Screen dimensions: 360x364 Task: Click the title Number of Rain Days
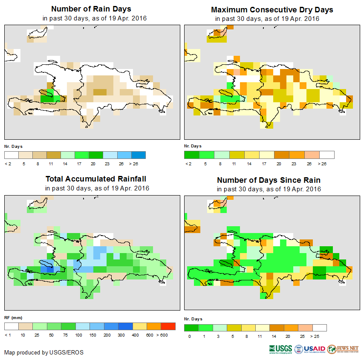click(x=91, y=9)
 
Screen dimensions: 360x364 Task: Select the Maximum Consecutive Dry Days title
click(x=272, y=9)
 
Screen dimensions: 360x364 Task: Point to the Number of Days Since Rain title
click(x=269, y=180)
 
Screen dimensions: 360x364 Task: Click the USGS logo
click(x=280, y=349)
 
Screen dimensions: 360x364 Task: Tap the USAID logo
click(x=310, y=349)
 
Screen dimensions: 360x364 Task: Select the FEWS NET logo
click(x=343, y=349)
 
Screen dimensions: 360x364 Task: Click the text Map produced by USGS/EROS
click(x=44, y=352)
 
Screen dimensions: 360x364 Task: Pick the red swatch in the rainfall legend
click(x=168, y=326)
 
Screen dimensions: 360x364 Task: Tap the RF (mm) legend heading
click(x=13, y=318)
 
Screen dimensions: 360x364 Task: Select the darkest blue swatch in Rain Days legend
click(x=139, y=155)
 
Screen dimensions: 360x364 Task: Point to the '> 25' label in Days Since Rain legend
click(x=320, y=337)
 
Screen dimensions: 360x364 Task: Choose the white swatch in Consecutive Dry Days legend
click(x=327, y=155)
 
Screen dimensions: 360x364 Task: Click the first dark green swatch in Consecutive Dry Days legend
click(x=191, y=155)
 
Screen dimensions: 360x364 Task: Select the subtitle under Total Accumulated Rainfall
click(x=97, y=188)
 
